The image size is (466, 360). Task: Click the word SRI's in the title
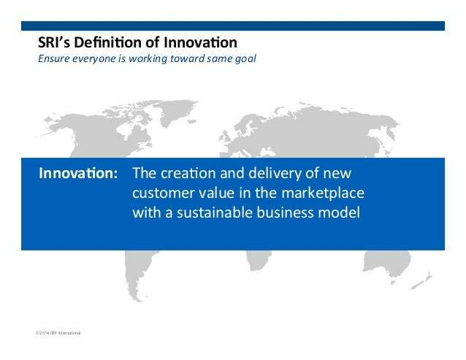54,42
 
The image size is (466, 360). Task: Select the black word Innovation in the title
200,42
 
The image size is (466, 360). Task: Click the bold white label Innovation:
78,173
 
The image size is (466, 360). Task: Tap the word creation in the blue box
188,173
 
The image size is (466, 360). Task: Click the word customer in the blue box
163,193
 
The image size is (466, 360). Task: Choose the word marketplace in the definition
323,194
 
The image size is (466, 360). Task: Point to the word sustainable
215,212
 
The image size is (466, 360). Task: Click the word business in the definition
286,212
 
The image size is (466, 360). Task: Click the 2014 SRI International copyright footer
58,333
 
